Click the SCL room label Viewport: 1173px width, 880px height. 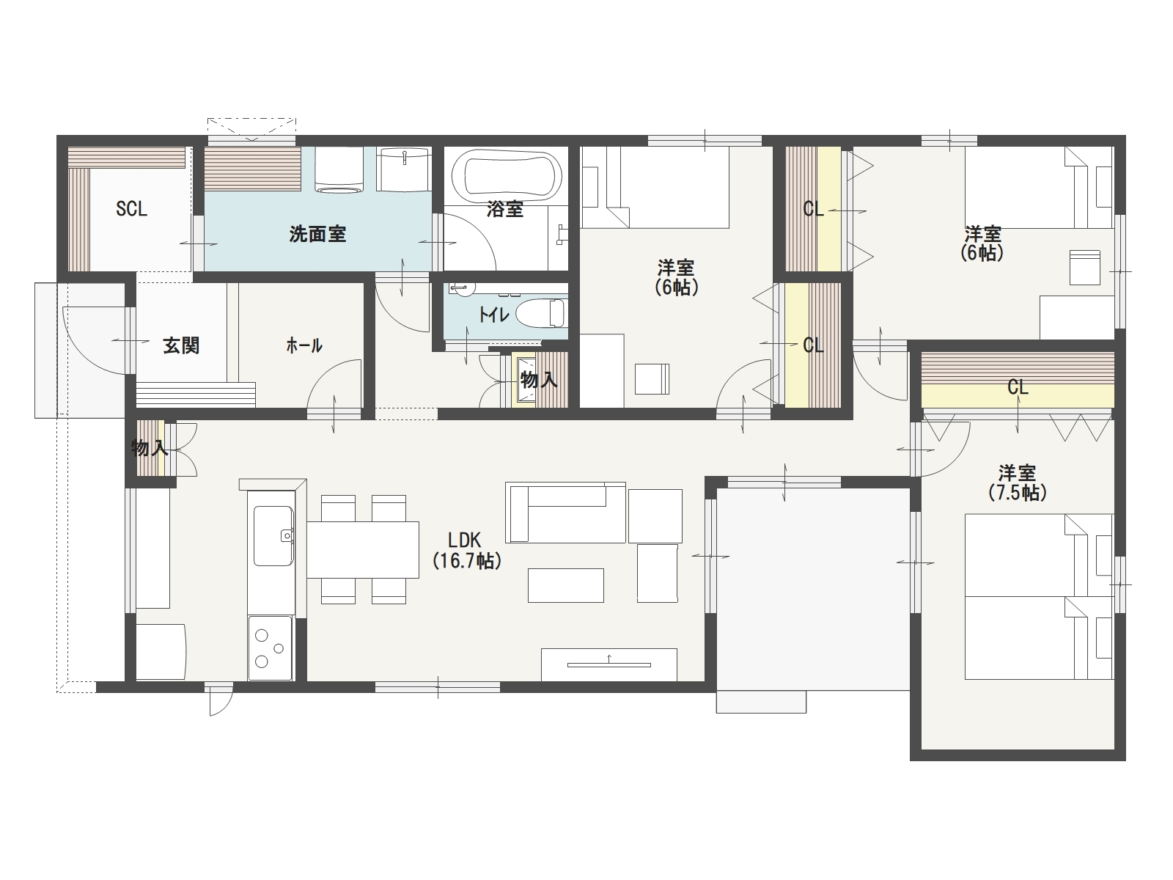pos(131,209)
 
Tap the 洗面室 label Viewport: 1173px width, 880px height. pos(317,234)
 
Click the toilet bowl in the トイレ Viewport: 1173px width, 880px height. pos(541,312)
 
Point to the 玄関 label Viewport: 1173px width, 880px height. pos(181,345)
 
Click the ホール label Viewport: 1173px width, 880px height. pos(304,346)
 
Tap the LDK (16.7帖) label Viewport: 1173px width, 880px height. pos(466,550)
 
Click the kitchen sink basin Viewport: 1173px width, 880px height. pos(273,536)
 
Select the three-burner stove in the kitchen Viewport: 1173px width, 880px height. pos(270,648)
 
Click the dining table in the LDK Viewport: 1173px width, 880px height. pos(363,549)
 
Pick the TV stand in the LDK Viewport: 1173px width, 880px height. pos(609,664)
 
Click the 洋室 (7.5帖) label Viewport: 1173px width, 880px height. pos(1017,483)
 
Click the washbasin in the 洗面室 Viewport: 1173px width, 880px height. pos(403,169)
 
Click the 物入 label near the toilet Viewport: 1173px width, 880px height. pos(539,380)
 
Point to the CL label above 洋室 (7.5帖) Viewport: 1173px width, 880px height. pos(1018,387)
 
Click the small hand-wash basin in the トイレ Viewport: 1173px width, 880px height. pos(462,289)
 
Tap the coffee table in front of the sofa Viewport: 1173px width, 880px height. pos(566,586)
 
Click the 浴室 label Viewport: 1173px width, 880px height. pos(504,209)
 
